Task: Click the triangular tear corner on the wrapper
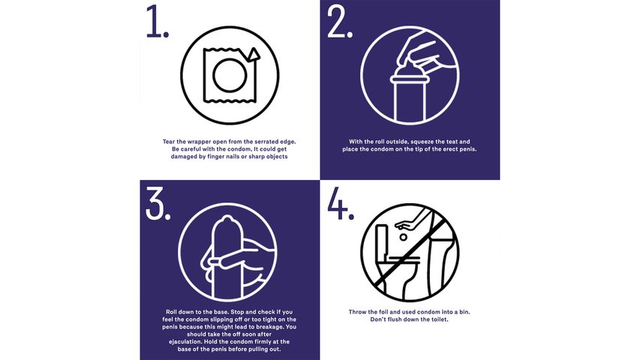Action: pos(254,55)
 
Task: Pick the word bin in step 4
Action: pos(464,312)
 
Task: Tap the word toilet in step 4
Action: pos(439,319)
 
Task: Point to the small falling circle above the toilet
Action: pos(403,237)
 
